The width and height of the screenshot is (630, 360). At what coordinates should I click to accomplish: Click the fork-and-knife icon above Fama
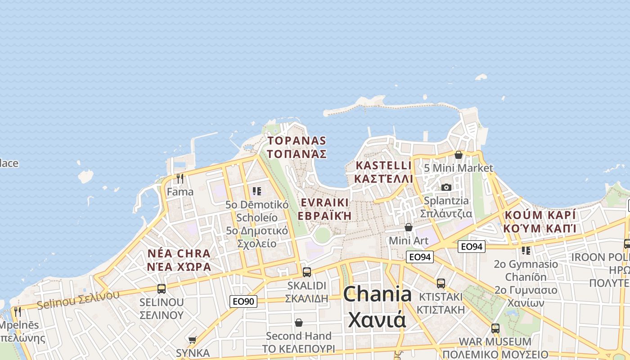(x=180, y=179)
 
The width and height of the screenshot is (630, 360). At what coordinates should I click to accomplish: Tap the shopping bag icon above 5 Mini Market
(x=459, y=155)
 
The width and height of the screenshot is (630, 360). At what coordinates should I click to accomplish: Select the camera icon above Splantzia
(x=446, y=187)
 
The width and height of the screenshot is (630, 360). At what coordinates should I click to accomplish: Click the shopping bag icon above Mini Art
(x=409, y=227)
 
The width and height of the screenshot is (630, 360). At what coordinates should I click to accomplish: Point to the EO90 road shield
(x=243, y=301)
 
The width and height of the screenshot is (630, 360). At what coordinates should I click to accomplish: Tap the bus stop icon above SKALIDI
(x=307, y=272)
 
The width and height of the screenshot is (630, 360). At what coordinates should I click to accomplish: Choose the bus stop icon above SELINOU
(x=162, y=288)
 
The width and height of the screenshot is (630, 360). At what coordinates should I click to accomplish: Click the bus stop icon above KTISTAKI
(x=441, y=283)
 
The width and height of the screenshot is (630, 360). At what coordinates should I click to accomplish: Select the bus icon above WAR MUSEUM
(x=495, y=328)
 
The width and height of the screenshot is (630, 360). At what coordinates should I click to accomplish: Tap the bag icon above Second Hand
(x=299, y=323)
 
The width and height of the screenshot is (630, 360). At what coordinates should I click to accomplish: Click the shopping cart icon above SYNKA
(x=193, y=340)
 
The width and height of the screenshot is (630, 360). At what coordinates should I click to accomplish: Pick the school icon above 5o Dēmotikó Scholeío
(x=257, y=191)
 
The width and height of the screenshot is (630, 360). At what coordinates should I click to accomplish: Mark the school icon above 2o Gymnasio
(x=526, y=250)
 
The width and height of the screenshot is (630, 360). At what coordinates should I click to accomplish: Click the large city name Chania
(x=377, y=294)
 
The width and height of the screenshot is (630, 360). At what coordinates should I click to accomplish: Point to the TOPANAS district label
(x=297, y=140)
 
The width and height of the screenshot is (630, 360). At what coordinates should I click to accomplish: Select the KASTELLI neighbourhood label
(x=383, y=165)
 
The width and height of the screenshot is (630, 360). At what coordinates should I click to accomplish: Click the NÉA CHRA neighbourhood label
(x=179, y=253)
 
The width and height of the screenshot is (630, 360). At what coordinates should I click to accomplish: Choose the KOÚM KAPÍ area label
(x=540, y=215)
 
